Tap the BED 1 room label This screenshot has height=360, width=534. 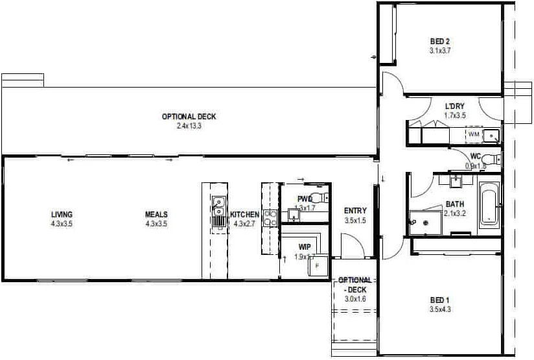pos(439,300)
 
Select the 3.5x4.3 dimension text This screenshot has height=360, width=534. pos(439,309)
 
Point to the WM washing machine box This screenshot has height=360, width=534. pos(474,134)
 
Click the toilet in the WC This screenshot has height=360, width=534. pos(494,161)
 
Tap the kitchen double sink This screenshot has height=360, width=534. pos(218,209)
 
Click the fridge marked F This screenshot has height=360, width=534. pos(317,266)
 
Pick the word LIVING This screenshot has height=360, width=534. pos(62,215)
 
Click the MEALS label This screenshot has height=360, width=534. pos(156,215)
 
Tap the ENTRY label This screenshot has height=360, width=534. pos(356,211)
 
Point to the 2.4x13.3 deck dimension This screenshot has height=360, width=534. pos(189,126)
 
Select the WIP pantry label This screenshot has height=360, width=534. pos(304,247)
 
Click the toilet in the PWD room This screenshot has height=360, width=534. pos(326,197)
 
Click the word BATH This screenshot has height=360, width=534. pos(454,204)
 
